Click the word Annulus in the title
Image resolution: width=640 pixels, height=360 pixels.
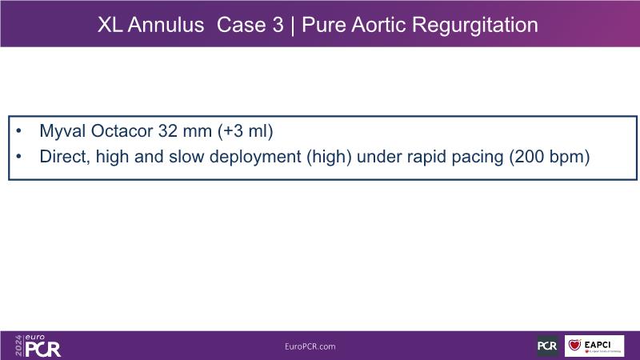[x=166, y=25]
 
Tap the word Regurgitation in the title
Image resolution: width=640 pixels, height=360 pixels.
[x=474, y=26]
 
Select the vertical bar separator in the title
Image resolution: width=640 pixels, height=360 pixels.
[x=292, y=26]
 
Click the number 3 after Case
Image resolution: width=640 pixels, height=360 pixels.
[x=278, y=25]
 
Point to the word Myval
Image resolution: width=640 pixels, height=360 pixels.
[x=62, y=131]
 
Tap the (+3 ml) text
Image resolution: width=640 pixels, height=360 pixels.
[x=246, y=131]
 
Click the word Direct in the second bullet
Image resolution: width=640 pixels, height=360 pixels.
[x=65, y=157]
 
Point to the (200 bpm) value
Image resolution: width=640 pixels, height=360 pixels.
[x=550, y=157]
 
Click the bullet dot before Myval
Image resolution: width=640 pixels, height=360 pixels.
[x=18, y=131]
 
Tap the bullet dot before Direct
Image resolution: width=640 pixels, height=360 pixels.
[x=18, y=157]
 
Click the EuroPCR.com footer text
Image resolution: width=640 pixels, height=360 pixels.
[x=310, y=346]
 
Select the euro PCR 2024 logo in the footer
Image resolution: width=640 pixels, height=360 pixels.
[x=38, y=346]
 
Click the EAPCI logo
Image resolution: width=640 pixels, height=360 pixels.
[x=594, y=346]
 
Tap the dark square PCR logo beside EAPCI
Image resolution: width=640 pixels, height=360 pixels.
[x=547, y=346]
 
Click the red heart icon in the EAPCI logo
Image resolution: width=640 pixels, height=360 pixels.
[x=574, y=345]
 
